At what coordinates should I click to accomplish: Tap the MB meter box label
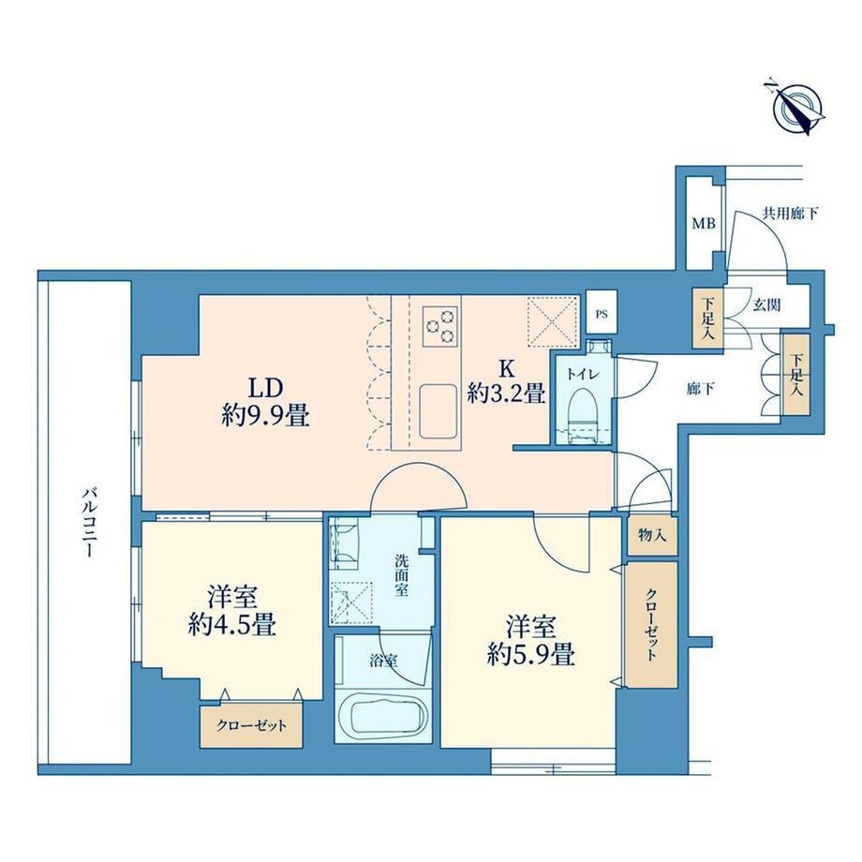[703, 224]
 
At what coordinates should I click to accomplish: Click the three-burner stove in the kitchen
[440, 326]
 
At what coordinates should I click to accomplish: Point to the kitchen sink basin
[438, 410]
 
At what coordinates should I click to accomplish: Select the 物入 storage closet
[652, 534]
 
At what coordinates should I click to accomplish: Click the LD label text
[265, 388]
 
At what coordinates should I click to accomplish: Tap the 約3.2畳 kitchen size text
[506, 394]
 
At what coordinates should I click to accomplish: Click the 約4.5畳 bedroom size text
[231, 625]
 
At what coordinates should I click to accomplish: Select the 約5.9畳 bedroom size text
[530, 655]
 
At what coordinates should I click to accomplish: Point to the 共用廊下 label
[791, 214]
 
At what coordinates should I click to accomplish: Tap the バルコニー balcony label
[88, 522]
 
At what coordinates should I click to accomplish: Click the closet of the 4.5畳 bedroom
[251, 725]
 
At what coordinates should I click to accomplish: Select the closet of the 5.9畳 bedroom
[651, 624]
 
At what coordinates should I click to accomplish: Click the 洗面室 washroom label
[401, 575]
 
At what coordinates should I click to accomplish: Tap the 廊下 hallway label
[701, 390]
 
